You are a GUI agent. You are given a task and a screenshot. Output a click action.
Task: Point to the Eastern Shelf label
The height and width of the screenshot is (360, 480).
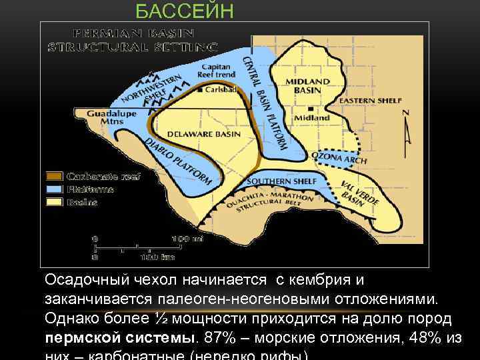[370, 101]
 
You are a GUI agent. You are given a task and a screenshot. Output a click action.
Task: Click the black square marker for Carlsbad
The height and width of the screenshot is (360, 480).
[201, 88]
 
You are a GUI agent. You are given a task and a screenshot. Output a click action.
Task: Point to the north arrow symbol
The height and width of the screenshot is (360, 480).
[406, 131]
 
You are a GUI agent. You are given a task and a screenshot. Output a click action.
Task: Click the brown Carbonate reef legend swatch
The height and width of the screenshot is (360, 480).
[55, 177]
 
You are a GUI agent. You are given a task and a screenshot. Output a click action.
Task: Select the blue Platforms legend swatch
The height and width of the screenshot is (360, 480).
[55, 189]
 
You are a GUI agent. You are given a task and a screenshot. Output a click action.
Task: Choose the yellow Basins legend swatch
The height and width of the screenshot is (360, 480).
[55, 202]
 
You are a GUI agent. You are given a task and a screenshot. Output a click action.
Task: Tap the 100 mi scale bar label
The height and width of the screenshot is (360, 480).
[183, 238]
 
